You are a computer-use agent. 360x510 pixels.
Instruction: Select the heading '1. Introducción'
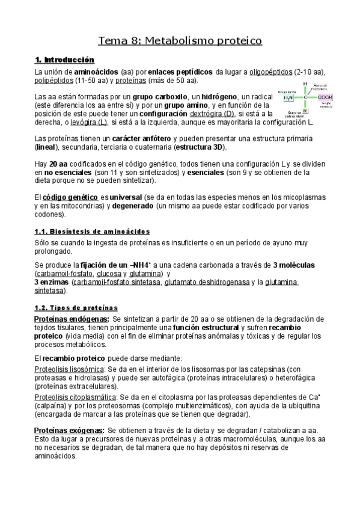[65, 60]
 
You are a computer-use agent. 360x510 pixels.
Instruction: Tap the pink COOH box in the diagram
[325, 97]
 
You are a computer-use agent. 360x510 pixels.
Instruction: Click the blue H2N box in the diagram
[288, 97]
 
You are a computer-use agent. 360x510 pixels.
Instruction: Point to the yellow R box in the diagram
[306, 111]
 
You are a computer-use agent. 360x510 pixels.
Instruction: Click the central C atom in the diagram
[306, 97]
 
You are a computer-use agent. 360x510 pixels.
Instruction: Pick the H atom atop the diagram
[305, 84]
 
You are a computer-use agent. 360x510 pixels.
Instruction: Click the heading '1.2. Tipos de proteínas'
[76, 307]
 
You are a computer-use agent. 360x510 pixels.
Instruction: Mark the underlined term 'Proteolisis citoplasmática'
[75, 398]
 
